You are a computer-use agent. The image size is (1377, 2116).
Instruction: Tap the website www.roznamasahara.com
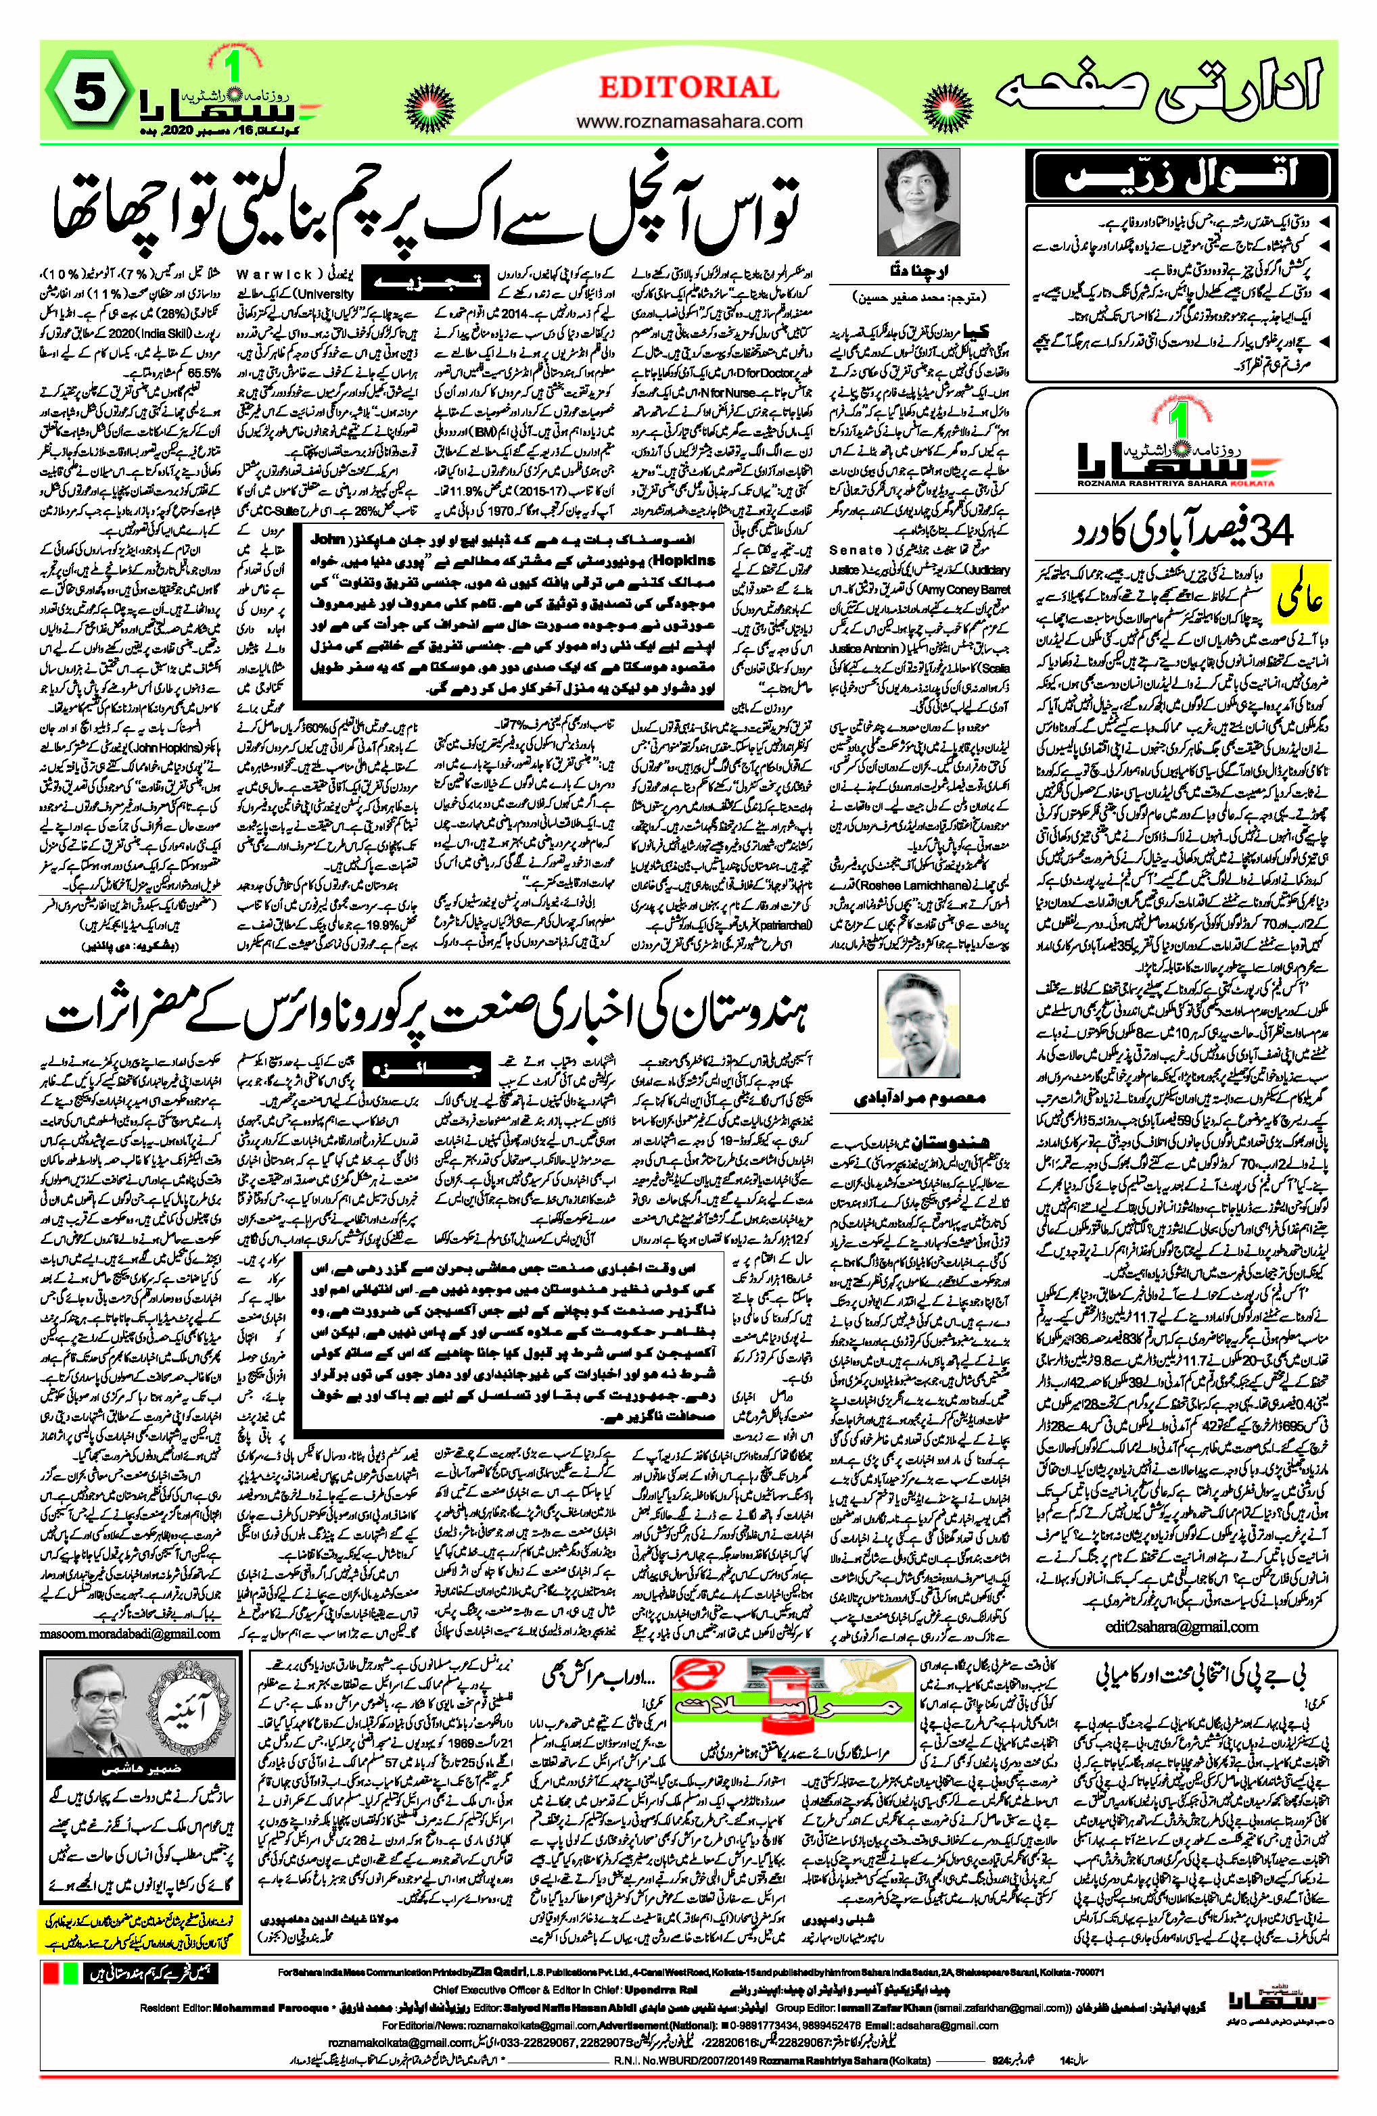coord(688,120)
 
